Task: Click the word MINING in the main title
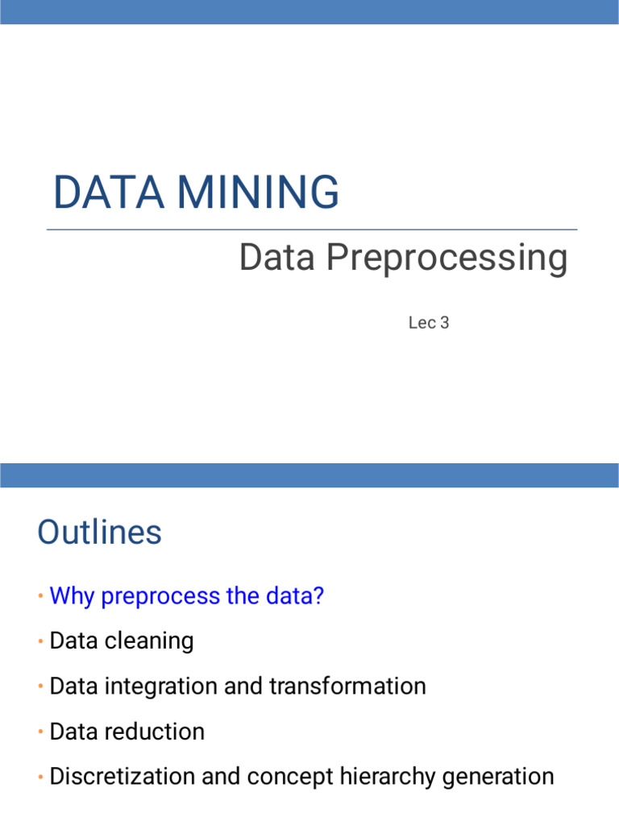point(258,193)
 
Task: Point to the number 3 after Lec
point(444,323)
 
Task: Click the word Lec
point(422,323)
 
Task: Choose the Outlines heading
point(99,533)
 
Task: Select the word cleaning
point(151,641)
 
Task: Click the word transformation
point(347,686)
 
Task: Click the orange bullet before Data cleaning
point(39,641)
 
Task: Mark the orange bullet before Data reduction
point(39,732)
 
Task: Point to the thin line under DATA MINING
point(311,230)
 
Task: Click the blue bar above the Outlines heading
point(309,475)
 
